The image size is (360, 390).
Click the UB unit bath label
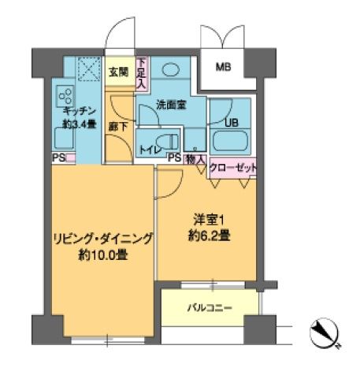pyautogui.click(x=232, y=123)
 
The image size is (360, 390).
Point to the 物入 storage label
pyautogui.click(x=197, y=158)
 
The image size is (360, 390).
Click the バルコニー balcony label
pyautogui.click(x=209, y=308)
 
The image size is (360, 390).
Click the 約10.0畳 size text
pyautogui.click(x=103, y=255)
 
